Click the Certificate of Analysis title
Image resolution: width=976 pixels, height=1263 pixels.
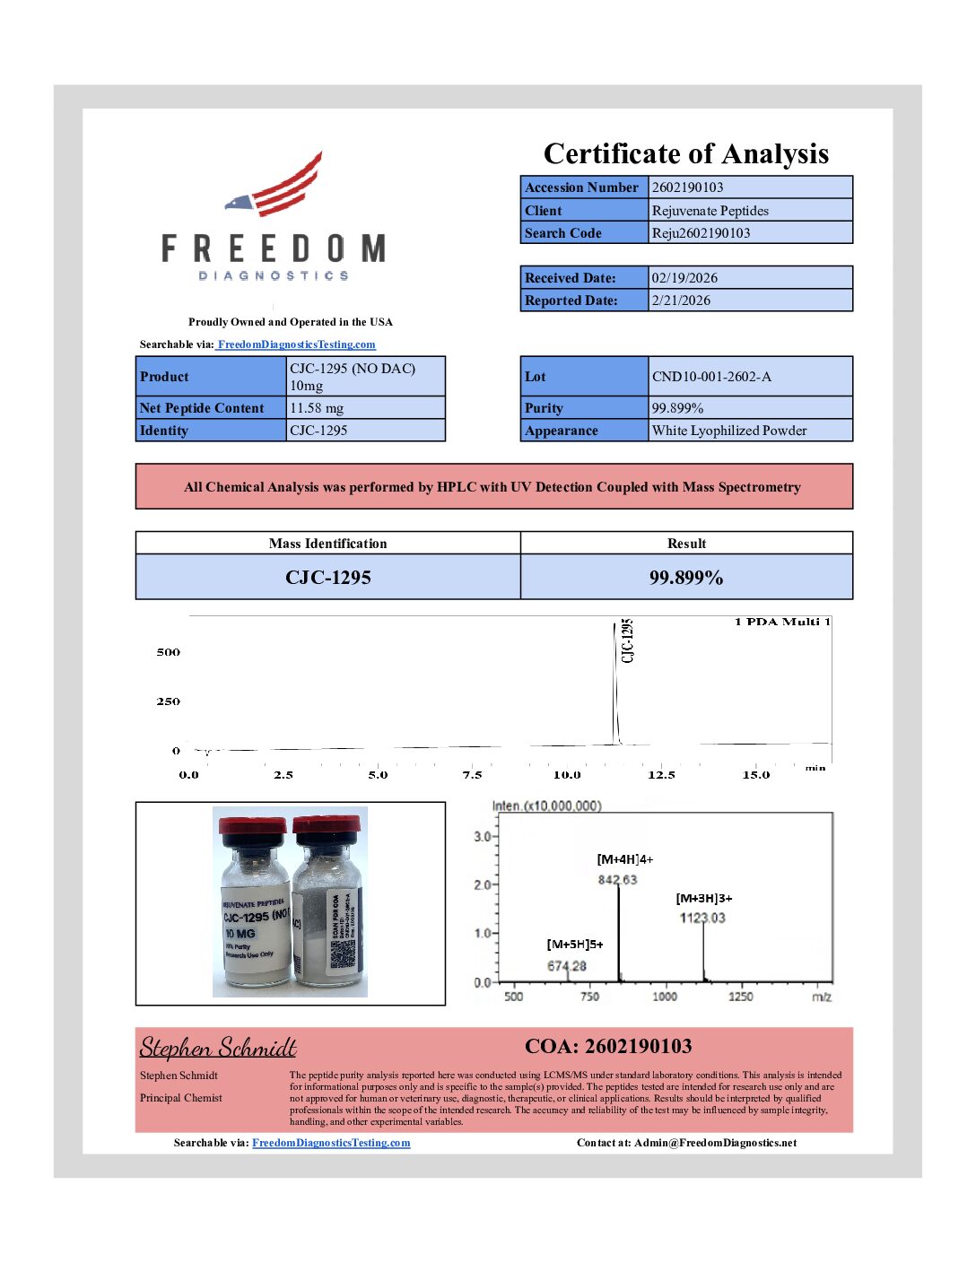coord(685,154)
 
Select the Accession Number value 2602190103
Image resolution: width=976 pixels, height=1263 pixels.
coord(687,187)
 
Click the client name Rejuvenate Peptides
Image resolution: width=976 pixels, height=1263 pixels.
coord(710,211)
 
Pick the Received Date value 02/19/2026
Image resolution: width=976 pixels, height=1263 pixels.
coord(684,278)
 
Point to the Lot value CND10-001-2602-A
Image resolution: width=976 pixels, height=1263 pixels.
coord(711,377)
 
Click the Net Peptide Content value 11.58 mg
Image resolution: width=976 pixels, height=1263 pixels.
coord(317,408)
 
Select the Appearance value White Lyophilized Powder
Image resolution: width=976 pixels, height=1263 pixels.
coord(729,431)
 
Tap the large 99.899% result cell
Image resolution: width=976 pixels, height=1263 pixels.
coord(686,578)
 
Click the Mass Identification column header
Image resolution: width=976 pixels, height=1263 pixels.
coord(327,544)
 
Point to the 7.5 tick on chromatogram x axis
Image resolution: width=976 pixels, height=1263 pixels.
coord(472,775)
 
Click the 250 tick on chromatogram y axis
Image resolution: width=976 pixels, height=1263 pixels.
coord(168,701)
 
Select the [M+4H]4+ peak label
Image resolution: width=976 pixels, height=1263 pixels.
coord(624,859)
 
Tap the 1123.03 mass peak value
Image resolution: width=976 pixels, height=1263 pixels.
coord(702,918)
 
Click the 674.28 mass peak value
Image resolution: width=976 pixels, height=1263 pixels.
coord(567,966)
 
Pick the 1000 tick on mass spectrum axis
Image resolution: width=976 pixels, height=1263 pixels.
coord(665,997)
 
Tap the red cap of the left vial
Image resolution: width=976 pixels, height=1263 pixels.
coord(252,826)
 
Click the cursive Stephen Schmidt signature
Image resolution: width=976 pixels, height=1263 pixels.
coord(218,1048)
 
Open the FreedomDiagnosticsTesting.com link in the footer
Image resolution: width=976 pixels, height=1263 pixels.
coord(331,1143)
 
